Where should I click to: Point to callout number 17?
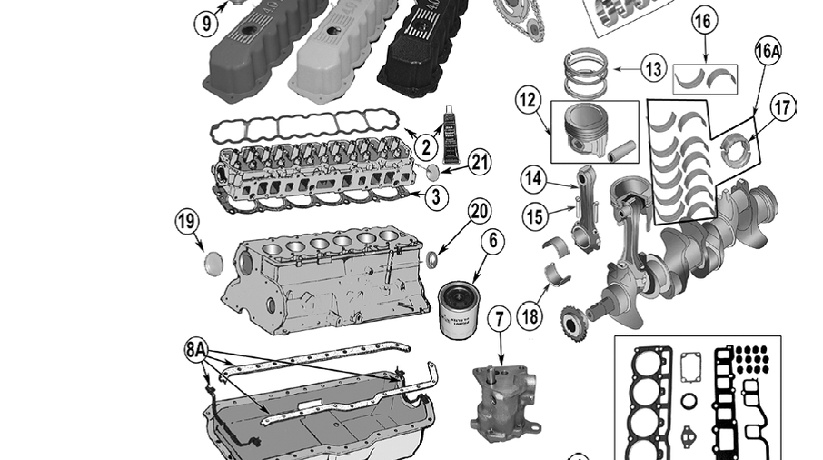782,107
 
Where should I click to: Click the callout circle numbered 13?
652,68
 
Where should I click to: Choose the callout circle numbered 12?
528,100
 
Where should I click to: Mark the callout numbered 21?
480,163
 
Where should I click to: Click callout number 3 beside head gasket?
436,195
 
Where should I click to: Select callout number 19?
187,221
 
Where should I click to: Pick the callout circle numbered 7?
499,320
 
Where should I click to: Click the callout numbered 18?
531,317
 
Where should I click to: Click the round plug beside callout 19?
215,263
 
